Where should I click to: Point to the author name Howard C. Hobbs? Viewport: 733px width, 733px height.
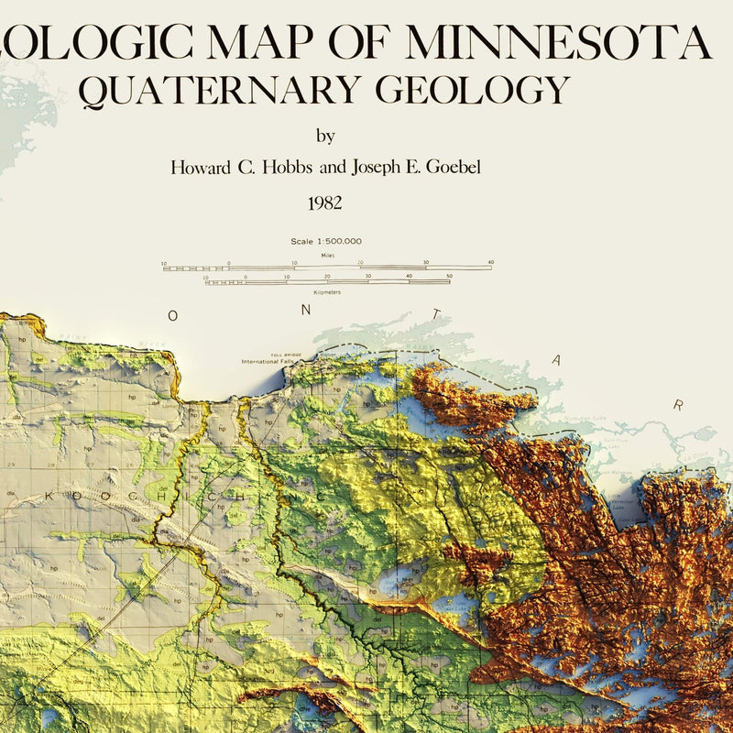coord(225,168)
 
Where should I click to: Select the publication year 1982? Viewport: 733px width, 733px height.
coord(325,202)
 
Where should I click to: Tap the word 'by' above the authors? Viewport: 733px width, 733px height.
coord(325,137)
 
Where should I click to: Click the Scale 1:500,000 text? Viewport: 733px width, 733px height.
coord(326,241)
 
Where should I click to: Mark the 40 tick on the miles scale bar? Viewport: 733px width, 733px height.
coord(491,263)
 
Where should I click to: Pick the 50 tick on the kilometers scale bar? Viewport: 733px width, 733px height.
coord(449,276)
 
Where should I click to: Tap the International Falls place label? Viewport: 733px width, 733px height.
coord(271,361)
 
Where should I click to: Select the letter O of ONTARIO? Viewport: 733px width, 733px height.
coord(172,315)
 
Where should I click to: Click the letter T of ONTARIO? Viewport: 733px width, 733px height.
coord(436,313)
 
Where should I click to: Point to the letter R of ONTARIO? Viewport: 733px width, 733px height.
coord(679,404)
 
